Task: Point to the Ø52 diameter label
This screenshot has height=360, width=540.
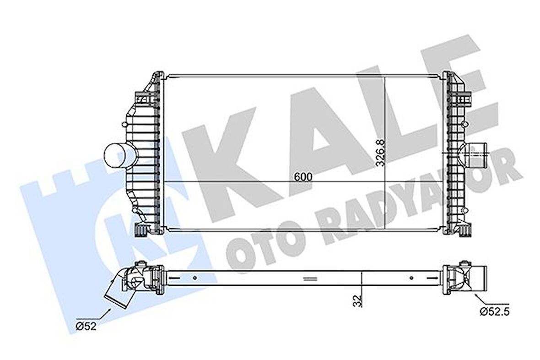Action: [86, 326]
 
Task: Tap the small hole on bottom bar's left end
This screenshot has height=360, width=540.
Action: [195, 277]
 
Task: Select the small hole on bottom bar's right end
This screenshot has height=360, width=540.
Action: [411, 277]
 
